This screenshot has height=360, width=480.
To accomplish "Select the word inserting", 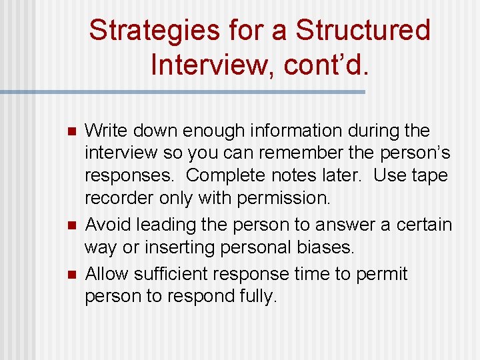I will [x=167, y=248].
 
